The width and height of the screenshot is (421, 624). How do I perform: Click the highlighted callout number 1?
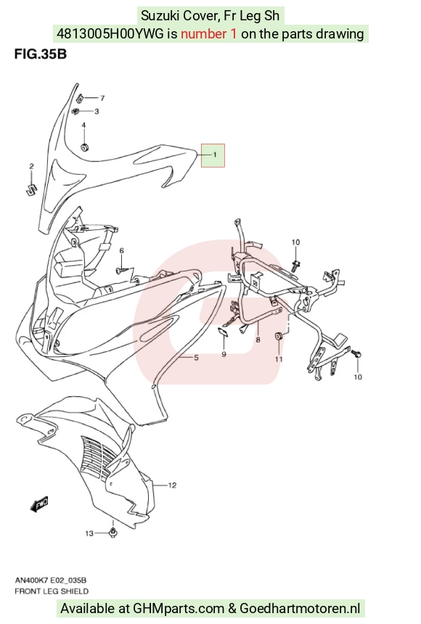(x=215, y=155)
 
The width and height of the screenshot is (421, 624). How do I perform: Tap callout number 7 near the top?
(x=102, y=98)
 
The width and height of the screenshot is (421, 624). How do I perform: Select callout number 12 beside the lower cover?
(x=172, y=485)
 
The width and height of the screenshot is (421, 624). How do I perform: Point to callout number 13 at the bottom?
(x=89, y=533)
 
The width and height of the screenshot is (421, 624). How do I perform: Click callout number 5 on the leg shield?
(x=197, y=358)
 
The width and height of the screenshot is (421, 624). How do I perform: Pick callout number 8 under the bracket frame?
(x=258, y=340)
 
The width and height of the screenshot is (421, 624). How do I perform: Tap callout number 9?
(x=224, y=354)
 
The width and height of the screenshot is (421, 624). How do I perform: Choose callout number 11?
(x=279, y=359)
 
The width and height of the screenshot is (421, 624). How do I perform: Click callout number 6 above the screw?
(x=122, y=250)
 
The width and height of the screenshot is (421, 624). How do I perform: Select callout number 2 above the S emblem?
(x=31, y=166)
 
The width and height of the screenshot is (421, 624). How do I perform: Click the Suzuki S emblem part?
(x=30, y=189)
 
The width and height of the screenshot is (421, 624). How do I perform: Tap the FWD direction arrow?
(x=39, y=504)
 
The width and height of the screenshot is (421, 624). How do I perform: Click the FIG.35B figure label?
(x=40, y=53)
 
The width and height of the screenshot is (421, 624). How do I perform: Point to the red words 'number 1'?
(x=209, y=34)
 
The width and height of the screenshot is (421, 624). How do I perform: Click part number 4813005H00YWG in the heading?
(x=110, y=34)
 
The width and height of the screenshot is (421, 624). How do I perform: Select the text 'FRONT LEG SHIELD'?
(x=52, y=591)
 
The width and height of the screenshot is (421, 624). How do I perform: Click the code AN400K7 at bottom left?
(x=31, y=580)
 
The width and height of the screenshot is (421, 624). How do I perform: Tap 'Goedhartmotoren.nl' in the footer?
(x=300, y=609)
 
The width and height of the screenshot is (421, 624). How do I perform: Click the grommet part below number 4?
(x=84, y=147)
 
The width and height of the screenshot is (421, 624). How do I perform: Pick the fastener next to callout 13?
(x=113, y=533)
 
